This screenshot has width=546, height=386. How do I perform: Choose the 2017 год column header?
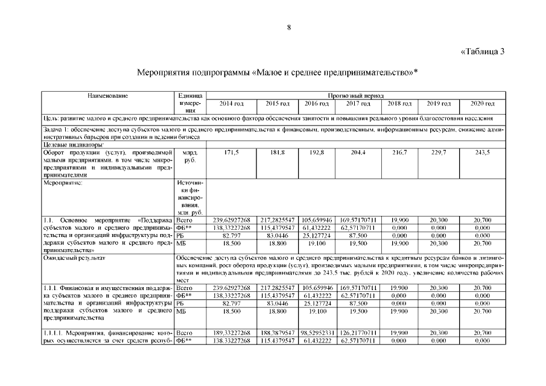pos(358,104)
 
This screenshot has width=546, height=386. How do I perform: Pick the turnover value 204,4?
pos(358,153)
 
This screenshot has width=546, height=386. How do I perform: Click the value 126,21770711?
pos(358,332)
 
